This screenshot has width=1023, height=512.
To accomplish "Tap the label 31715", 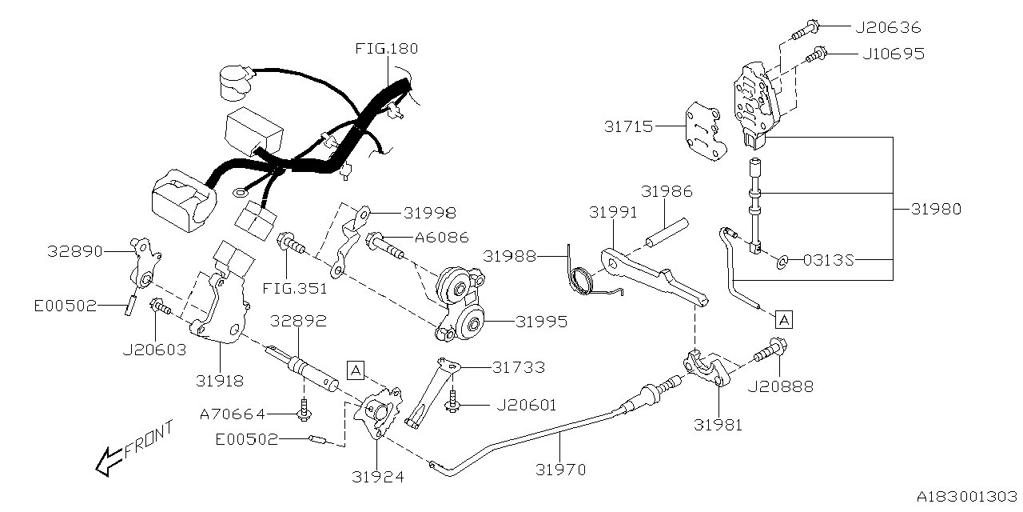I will [x=630, y=126].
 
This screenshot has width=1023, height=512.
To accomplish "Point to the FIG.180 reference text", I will [x=386, y=49].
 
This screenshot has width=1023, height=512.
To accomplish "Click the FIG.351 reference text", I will [x=300, y=288].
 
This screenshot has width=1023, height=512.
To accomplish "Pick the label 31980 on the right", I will [x=935, y=210].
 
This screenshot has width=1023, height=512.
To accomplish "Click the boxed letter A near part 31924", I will [x=356, y=369].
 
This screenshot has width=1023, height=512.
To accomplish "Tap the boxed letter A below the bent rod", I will [x=784, y=319].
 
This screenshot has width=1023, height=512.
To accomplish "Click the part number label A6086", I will [x=441, y=238].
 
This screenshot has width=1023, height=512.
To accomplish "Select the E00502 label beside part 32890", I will [x=66, y=305].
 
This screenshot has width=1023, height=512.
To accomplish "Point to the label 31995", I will [x=541, y=322].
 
